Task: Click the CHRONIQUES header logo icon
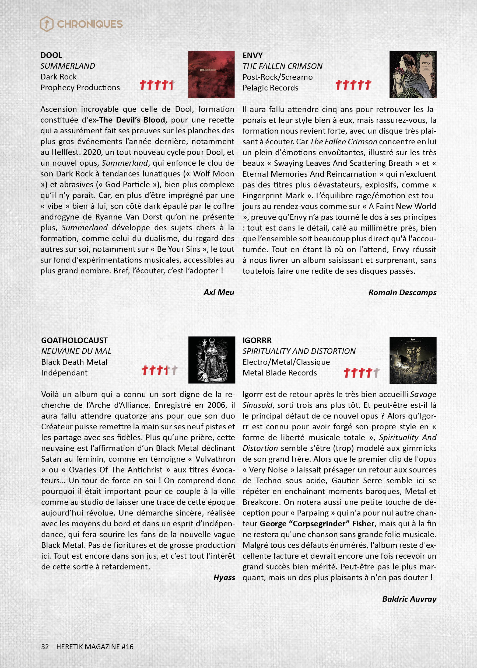[47, 24]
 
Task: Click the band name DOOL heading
[51, 55]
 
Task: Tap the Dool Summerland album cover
[211, 75]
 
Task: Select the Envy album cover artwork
[413, 75]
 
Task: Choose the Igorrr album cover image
[413, 360]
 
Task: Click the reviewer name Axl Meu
[219, 292]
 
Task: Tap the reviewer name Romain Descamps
[402, 293]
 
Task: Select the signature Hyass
[224, 577]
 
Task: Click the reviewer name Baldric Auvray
[409, 599]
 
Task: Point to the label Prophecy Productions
[80, 88]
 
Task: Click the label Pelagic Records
[270, 88]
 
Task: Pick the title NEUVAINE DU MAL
[76, 351]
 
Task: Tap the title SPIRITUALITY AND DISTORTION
[299, 351]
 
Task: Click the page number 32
[45, 646]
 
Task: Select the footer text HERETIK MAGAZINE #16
[94, 646]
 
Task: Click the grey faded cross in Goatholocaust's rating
[174, 370]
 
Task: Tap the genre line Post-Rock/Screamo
[278, 77]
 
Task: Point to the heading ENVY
[252, 55]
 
